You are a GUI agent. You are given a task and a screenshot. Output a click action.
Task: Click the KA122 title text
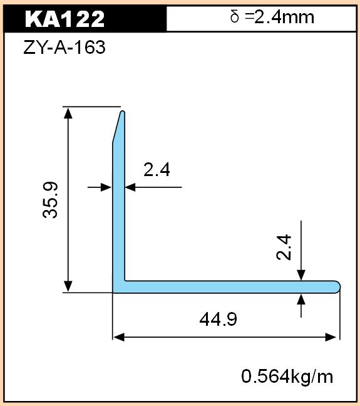tap(65, 19)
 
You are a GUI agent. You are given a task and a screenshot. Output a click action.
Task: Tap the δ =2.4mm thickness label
tap(272, 18)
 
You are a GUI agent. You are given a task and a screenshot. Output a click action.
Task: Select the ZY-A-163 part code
tap(64, 48)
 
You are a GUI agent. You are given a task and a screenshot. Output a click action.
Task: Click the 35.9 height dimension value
tap(50, 200)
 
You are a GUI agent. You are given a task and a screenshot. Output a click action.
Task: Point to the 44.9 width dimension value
tap(218, 319)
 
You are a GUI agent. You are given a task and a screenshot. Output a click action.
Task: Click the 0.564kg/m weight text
tap(287, 377)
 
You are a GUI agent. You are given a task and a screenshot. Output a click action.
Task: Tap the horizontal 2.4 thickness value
tap(157, 170)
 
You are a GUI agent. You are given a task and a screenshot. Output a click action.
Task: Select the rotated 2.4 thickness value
tap(284, 247)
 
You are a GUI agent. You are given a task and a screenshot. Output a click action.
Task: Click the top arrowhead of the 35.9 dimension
tap(68, 113)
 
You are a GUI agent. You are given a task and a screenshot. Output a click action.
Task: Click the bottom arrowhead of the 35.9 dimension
tap(68, 286)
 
